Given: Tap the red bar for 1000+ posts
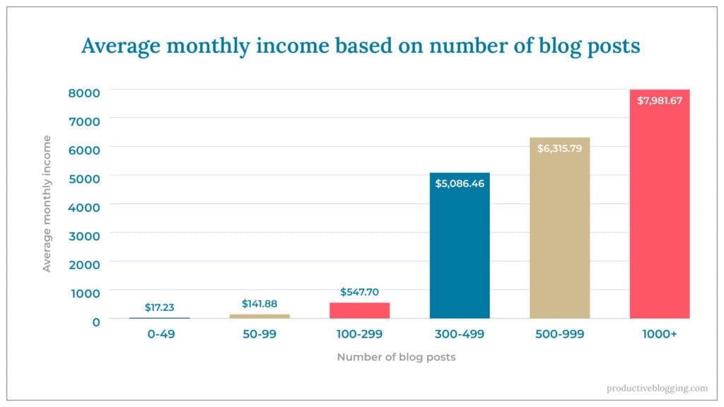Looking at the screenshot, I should (660, 212).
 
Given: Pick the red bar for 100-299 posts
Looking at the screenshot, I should (359, 311).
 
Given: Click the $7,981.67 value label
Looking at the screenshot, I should (660, 101).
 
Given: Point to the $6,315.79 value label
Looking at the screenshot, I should (559, 149).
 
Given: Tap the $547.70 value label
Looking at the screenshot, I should (359, 291).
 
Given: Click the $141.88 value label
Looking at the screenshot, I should (259, 304).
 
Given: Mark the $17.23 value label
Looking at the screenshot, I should (159, 307).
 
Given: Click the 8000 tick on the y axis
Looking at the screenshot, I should (84, 92).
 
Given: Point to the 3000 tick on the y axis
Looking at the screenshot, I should (84, 235).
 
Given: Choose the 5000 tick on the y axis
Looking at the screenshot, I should (84, 177).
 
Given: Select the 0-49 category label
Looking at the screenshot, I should (159, 334).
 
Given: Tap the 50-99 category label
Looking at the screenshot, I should (259, 334).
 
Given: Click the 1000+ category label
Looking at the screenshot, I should (660, 334).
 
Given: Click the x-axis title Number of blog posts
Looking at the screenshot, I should (396, 357).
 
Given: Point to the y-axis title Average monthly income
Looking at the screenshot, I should (47, 203).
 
